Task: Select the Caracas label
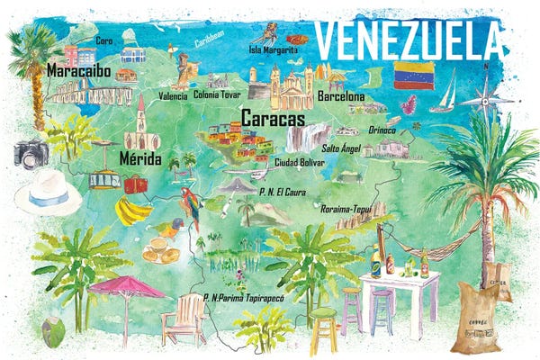click(x=273, y=118)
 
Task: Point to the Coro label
click(x=104, y=40)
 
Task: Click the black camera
click(x=31, y=153)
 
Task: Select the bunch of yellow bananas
click(x=134, y=212)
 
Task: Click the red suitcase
click(x=136, y=184)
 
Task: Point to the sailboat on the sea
click(x=444, y=94)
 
